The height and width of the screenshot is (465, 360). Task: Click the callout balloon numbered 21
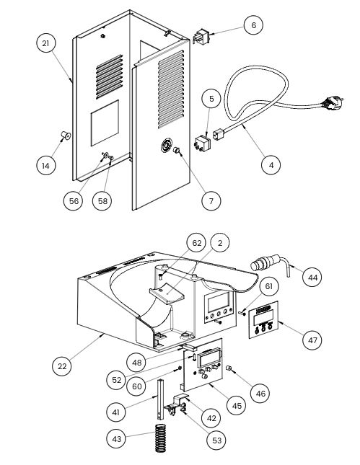[45, 43]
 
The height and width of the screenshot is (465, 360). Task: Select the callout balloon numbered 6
[253, 25]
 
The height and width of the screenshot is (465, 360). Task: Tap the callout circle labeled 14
[45, 165]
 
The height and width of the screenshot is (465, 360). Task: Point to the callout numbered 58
[102, 200]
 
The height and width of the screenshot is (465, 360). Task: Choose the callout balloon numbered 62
[197, 243]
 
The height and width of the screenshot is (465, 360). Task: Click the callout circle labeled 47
[312, 340]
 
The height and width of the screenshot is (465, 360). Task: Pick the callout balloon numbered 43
[116, 438]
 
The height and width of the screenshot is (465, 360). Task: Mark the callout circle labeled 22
[62, 366]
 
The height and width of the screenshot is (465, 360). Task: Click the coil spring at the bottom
[161, 438]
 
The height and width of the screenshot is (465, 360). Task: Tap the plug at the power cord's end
[333, 102]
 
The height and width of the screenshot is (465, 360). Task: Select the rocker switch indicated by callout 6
[201, 36]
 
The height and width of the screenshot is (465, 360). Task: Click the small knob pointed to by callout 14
[66, 136]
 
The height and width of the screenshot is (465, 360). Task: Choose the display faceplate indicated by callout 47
[263, 319]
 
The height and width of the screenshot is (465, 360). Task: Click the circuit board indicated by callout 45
[203, 365]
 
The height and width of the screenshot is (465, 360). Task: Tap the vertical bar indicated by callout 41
[161, 399]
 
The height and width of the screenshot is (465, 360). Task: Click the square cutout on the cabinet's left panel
[105, 123]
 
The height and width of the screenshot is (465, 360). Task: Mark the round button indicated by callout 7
[177, 151]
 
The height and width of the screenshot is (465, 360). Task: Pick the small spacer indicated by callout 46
[229, 368]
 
